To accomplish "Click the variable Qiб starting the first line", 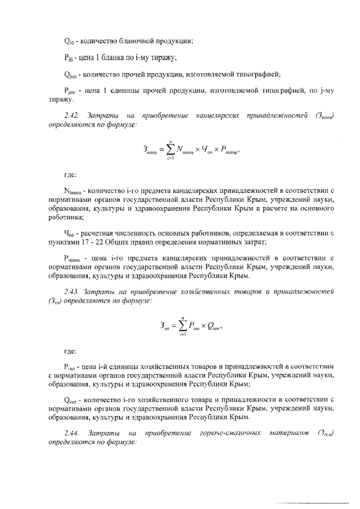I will point(69,40).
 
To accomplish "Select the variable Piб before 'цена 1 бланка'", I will point(69,57).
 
